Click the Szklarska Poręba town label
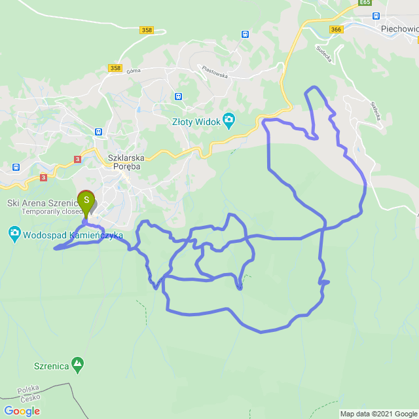pyautogui.click(x=126, y=161)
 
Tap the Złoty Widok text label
pyautogui.click(x=196, y=120)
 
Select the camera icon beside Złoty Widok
pyautogui.click(x=228, y=119)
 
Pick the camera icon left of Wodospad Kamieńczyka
pyautogui.click(x=14, y=232)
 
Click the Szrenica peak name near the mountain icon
pyautogui.click(x=52, y=366)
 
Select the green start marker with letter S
pyautogui.click(x=86, y=200)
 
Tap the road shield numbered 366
pyautogui.click(x=337, y=29)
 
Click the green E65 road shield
pyautogui.click(x=365, y=3)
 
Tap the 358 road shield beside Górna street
pyautogui.click(x=116, y=68)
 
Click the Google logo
pyautogui.click(x=22, y=410)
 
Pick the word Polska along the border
pyautogui.click(x=29, y=388)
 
